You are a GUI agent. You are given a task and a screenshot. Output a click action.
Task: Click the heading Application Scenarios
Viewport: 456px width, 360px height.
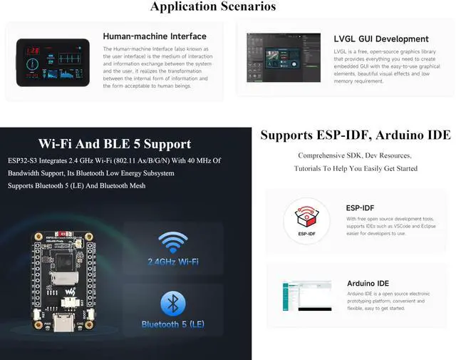(x=213, y=7)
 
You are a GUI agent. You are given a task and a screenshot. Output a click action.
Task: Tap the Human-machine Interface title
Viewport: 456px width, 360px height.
(x=154, y=36)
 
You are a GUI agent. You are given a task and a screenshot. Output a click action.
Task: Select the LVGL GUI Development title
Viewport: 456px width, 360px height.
(x=380, y=39)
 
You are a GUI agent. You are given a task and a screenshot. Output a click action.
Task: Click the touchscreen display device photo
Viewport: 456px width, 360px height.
(x=53, y=63)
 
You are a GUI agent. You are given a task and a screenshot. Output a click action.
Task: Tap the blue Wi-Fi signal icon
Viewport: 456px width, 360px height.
(x=172, y=242)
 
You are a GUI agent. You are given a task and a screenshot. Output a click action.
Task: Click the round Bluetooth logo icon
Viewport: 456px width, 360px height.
(x=172, y=304)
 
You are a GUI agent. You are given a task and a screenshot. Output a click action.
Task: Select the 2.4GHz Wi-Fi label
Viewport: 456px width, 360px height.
(x=172, y=262)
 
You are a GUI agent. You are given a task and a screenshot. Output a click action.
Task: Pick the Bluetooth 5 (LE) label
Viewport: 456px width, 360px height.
(x=172, y=324)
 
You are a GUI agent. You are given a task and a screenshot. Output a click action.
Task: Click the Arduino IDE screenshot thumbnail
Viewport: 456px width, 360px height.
(x=306, y=294)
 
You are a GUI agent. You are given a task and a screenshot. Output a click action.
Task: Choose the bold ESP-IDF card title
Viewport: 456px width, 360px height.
(x=360, y=208)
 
